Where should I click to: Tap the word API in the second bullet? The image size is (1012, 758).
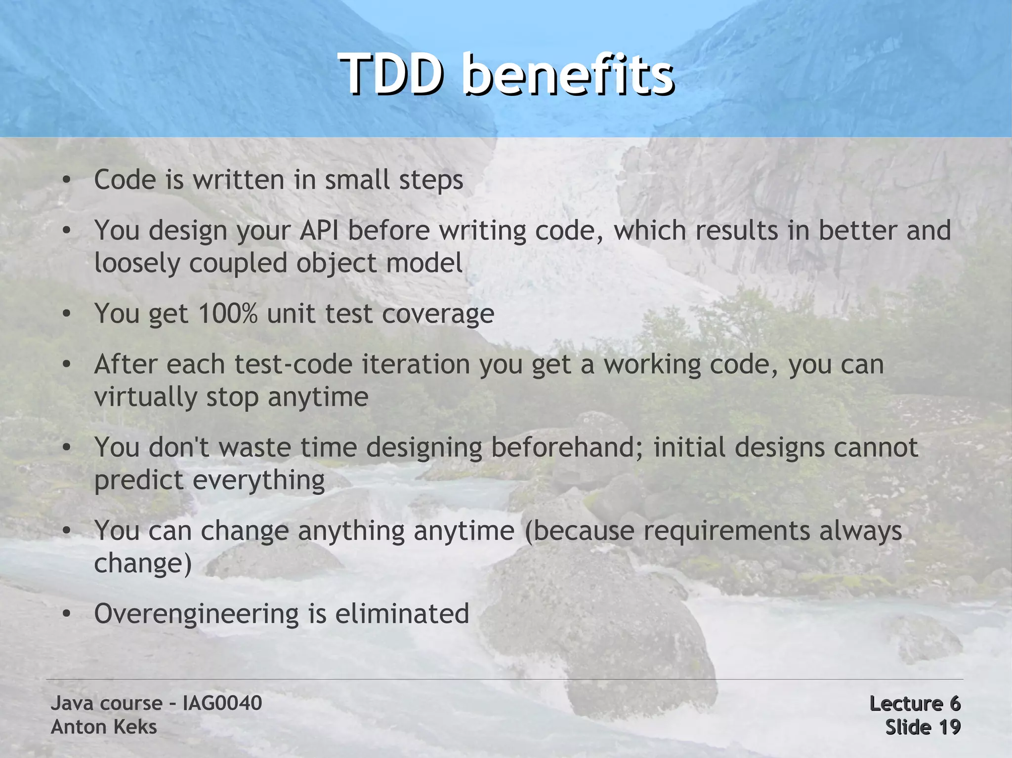coord(319,231)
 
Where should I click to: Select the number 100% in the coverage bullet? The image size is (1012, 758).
coord(228,314)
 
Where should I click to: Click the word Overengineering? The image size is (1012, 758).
coord(197,614)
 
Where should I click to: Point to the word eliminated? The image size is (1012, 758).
coord(402,614)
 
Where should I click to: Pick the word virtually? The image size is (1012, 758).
coord(145,398)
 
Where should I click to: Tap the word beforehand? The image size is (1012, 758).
coord(563,447)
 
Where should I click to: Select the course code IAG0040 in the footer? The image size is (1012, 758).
coord(222,703)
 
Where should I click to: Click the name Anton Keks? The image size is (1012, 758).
coord(104,727)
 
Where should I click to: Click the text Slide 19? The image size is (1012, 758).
coord(923,727)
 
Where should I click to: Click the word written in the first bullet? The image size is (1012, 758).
coord(239,180)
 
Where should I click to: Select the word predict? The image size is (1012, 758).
coord(139,480)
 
